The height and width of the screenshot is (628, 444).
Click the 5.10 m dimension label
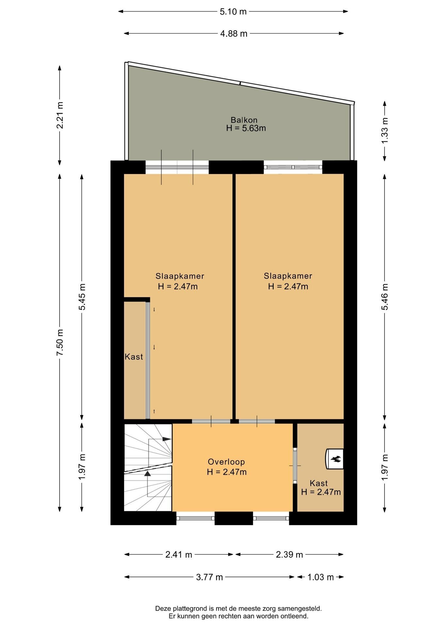[233, 12]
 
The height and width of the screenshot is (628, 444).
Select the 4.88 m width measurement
[234, 34]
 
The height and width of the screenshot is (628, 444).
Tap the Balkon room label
[244, 120]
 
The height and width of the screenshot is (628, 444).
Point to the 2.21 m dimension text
[60, 115]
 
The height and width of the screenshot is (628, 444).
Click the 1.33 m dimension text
[385, 130]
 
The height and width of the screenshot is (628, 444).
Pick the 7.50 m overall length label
[60, 342]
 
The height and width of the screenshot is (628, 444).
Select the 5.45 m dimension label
[82, 297]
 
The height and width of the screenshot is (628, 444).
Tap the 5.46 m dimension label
[385, 297]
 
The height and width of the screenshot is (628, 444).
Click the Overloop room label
[226, 462]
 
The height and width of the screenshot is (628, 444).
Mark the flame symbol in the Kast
[336, 459]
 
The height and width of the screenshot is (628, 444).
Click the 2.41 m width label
[179, 554]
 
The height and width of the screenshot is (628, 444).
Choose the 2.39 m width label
[289, 554]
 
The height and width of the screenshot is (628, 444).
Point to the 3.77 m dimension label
[209, 577]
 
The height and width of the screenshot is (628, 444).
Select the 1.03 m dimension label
[320, 577]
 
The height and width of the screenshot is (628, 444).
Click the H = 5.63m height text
[246, 128]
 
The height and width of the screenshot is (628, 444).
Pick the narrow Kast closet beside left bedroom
[135, 360]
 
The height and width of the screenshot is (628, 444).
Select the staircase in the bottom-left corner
[148, 467]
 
